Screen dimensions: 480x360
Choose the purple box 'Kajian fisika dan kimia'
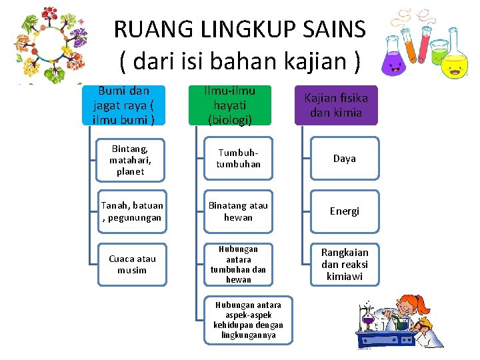click(336, 105)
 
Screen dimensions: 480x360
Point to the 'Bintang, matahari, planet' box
click(131, 159)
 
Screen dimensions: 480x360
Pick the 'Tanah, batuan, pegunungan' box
click(131, 211)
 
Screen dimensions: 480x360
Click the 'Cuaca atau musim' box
click(131, 264)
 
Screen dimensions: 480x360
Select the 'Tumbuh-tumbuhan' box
click(238, 159)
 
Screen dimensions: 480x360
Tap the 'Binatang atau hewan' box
click(238, 211)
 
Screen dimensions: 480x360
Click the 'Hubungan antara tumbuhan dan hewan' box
click(238, 264)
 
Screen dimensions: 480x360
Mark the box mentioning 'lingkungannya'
click(248, 320)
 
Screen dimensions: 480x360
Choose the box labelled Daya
click(344, 159)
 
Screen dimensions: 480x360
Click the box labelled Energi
click(344, 211)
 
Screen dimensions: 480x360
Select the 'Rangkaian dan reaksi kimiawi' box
click(344, 264)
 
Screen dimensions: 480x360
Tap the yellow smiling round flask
click(455, 64)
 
